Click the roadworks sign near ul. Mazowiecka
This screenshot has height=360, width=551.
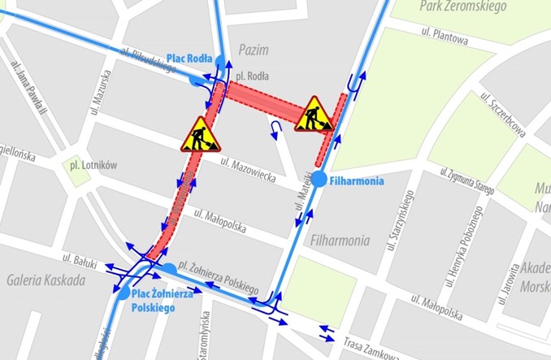[x=201, y=135]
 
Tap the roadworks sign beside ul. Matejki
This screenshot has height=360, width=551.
[x=313, y=115]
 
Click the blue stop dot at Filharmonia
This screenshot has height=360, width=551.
[x=319, y=180]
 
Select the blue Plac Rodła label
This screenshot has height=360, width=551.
[x=189, y=59]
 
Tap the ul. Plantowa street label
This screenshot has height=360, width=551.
[x=445, y=34]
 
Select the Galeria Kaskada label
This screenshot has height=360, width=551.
[x=45, y=281]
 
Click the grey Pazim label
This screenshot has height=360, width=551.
[x=254, y=50]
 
